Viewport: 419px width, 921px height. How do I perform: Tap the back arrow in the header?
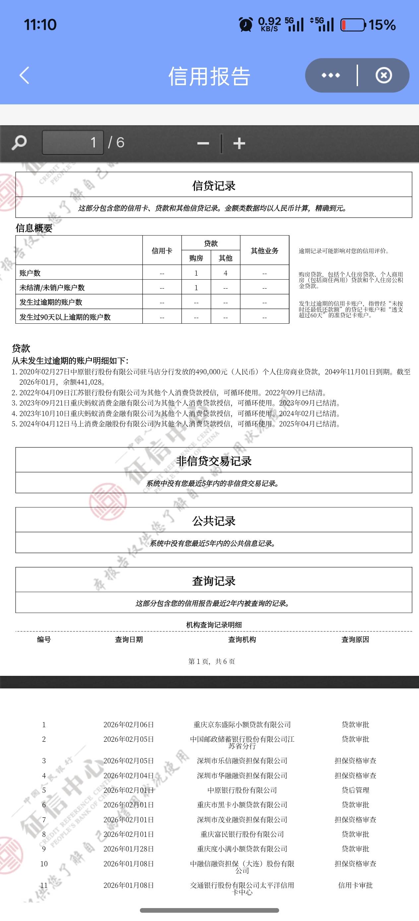24,76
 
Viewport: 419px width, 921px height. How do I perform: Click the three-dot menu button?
330,76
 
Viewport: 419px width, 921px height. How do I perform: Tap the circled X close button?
384,76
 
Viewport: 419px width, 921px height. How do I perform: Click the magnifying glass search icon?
19,143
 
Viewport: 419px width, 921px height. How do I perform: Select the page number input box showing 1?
73,143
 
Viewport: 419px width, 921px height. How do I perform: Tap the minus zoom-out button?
203,144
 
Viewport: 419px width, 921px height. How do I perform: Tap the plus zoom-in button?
239,144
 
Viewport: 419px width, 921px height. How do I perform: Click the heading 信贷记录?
213,186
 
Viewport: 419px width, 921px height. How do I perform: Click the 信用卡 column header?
162,251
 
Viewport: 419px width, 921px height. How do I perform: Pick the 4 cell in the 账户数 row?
225,273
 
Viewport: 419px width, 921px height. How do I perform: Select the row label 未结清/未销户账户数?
52,288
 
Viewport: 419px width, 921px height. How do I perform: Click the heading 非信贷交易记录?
213,461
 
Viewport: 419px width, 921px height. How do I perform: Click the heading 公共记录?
213,521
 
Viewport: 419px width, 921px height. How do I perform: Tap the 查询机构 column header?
242,640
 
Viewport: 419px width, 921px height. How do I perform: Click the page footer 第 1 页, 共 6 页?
212,662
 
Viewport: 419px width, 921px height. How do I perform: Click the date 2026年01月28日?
129,849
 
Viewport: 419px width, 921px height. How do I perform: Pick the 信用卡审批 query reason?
355,885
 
